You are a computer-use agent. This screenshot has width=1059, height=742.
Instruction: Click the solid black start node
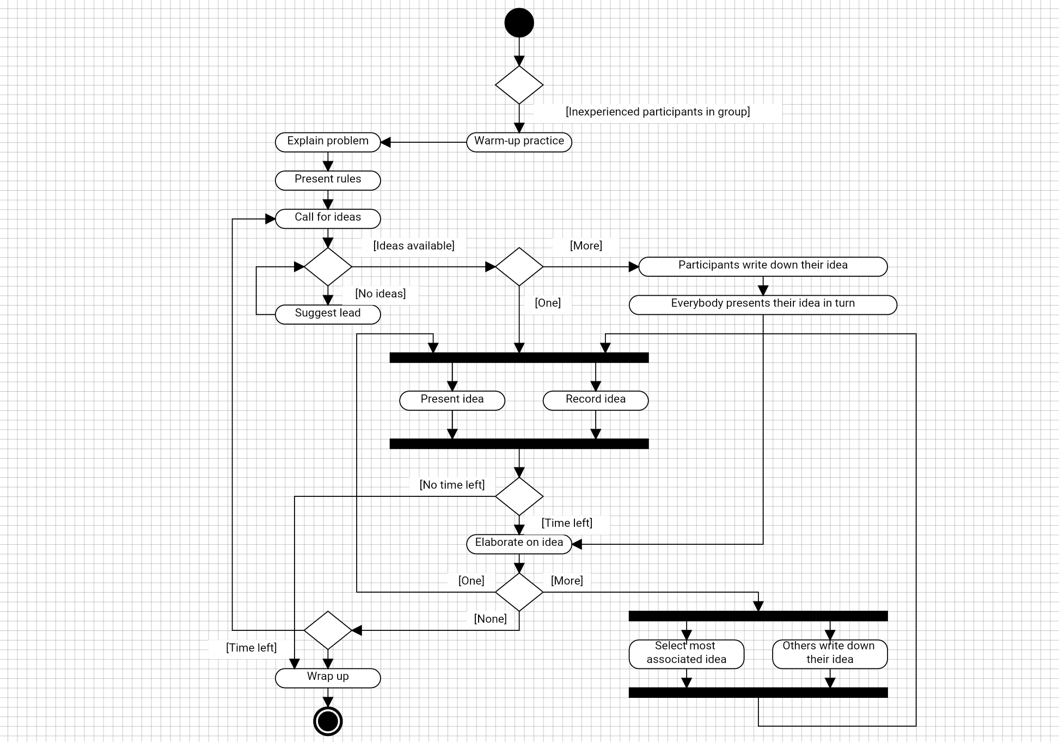tap(519, 23)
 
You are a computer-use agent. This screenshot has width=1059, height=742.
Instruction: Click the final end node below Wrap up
tap(328, 721)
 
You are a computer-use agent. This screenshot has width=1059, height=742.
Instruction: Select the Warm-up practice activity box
tap(519, 142)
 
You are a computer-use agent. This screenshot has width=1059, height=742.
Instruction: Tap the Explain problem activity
tap(328, 142)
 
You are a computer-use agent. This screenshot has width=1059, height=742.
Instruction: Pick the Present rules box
tap(328, 180)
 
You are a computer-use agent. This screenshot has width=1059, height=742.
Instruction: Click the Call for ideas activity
tap(328, 218)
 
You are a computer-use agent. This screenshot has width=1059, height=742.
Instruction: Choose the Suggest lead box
tap(328, 314)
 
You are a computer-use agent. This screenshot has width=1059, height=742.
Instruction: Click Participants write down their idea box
tap(763, 266)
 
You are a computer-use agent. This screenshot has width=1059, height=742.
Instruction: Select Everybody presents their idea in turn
tap(763, 304)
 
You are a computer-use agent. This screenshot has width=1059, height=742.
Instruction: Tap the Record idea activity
tap(596, 400)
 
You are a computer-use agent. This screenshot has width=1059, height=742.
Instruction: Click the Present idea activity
tap(452, 400)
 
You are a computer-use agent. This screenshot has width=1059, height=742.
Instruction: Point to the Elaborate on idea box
tap(519, 543)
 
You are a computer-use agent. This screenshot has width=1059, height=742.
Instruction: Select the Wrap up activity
tap(328, 677)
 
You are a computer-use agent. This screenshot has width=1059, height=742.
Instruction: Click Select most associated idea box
tap(686, 653)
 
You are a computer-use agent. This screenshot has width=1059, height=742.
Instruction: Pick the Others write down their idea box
tap(829, 653)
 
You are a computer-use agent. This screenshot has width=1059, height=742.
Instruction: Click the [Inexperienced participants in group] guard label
tap(657, 112)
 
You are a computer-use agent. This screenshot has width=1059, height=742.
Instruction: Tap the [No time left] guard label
tap(452, 485)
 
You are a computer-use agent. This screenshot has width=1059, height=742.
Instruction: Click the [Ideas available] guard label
tap(414, 246)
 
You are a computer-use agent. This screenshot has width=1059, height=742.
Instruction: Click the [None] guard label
tap(490, 619)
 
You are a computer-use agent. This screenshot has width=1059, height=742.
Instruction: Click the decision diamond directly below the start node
tap(519, 84)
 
